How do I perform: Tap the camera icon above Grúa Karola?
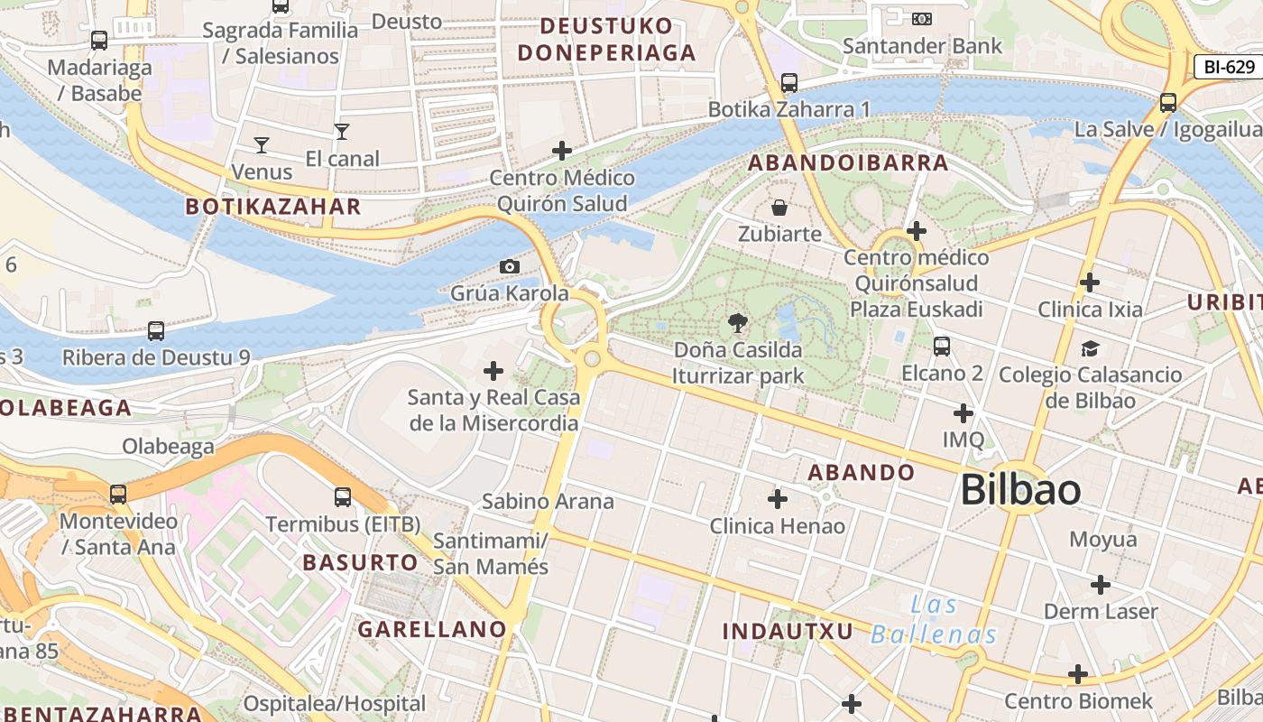(509, 266)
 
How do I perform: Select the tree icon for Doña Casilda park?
(737, 322)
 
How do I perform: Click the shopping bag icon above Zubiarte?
(779, 208)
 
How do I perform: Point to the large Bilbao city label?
(1020, 489)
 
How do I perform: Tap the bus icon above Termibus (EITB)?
(342, 496)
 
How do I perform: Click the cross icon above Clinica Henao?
(777, 498)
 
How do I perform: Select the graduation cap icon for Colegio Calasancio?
(1090, 348)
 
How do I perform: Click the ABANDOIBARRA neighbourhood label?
(848, 163)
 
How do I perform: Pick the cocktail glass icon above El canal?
(341, 132)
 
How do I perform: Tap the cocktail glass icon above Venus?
(262, 144)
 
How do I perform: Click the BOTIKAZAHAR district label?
(272, 207)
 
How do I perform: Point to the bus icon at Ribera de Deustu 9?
(156, 330)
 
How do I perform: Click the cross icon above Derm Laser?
(1100, 585)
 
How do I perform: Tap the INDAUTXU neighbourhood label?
(788, 631)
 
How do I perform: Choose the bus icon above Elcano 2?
(942, 346)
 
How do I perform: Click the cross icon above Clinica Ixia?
(1090, 282)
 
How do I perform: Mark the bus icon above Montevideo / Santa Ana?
(118, 494)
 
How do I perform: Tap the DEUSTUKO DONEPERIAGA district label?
(607, 39)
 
